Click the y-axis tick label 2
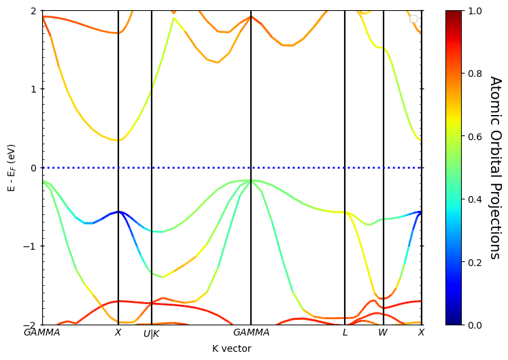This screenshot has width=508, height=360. (x=33, y=11)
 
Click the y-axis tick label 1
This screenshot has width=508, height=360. (x=33, y=89)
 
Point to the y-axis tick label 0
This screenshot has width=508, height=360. (x=33, y=167)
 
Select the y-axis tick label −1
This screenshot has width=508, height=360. (x=30, y=246)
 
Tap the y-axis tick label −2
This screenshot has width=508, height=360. (x=30, y=325)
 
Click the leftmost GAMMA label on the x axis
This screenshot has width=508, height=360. (x=42, y=333)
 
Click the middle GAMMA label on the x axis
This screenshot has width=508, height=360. (x=251, y=333)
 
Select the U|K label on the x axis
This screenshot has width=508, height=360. (x=151, y=334)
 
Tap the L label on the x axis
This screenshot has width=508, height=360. (x=345, y=333)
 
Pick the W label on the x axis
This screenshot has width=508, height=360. (x=383, y=333)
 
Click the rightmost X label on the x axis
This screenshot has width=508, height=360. (x=421, y=333)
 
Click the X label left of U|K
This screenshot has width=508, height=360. (x=118, y=333)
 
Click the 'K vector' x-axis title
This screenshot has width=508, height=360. (x=231, y=348)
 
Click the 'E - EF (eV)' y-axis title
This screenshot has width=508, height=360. (x=11, y=167)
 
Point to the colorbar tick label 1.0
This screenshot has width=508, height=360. (x=475, y=11)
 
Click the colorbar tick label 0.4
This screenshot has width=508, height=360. (x=475, y=199)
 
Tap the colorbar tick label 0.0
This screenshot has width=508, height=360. (x=475, y=325)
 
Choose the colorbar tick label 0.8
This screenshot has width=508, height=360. (x=475, y=73)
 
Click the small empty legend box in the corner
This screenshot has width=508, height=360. (x=413, y=19)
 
